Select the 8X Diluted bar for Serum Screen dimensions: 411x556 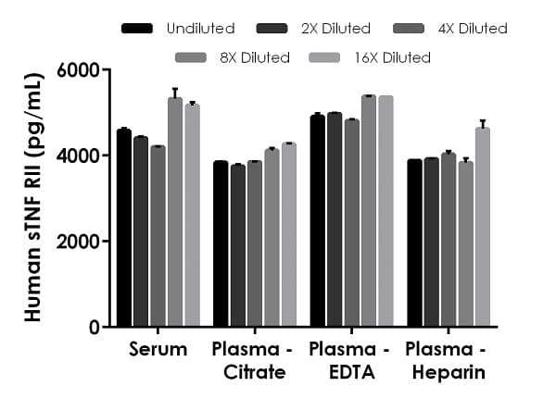(x=175, y=213)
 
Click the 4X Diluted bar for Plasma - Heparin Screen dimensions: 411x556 (x=449, y=240)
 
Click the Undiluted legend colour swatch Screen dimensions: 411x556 (x=137, y=29)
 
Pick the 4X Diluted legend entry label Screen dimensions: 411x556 (x=473, y=29)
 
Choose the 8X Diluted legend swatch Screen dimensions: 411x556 (x=190, y=58)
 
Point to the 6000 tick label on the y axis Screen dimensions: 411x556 (x=79, y=70)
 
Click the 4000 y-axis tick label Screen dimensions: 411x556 (x=79, y=156)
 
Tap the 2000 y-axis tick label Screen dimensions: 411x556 (x=79, y=242)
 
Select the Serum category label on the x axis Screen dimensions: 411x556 (x=158, y=350)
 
